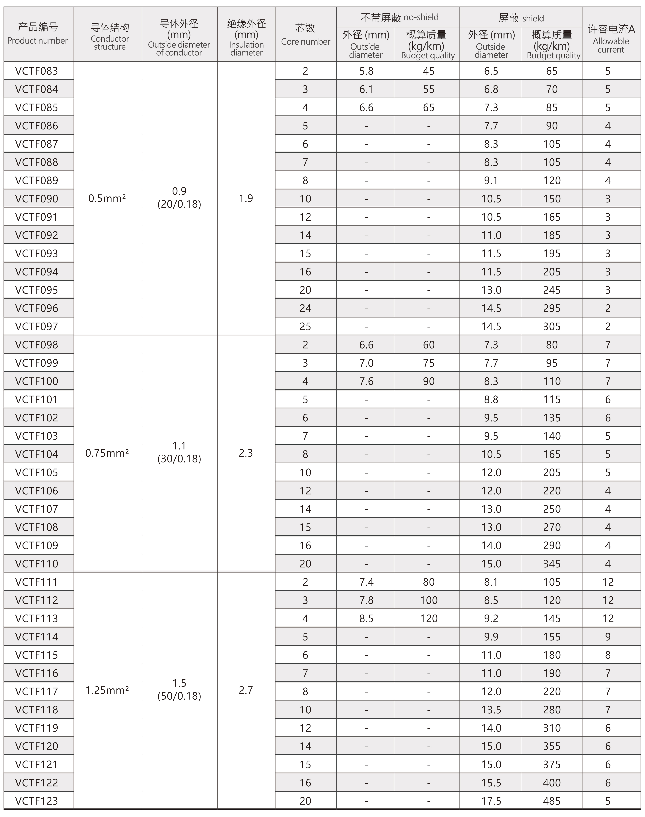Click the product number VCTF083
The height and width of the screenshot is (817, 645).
pos(37,71)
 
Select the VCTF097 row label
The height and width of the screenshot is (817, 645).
pos(37,326)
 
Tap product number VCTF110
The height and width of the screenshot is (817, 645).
pos(37,564)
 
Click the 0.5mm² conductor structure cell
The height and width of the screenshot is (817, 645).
pos(107,198)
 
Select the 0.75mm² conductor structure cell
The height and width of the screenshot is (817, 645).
pos(107,453)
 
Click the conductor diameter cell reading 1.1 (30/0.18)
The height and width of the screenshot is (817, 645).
pos(179,452)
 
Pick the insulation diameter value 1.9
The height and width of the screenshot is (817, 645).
pos(246,198)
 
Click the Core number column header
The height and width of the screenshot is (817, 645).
pos(305,34)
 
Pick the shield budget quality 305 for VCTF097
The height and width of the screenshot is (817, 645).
pos(552,326)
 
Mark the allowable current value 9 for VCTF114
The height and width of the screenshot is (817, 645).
pos(608,637)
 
